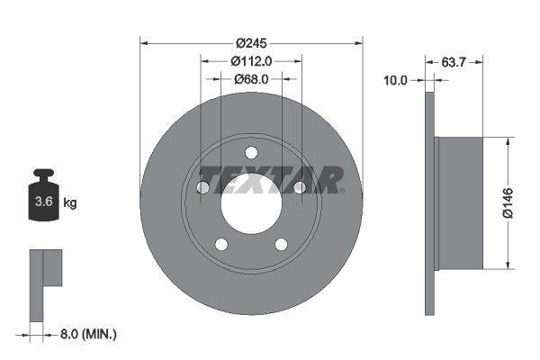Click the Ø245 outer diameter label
pyautogui.click(x=252, y=42)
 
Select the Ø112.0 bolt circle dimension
pyautogui.click(x=251, y=61)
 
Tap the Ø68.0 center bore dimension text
pyautogui.click(x=251, y=79)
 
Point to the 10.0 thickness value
pyautogui.click(x=396, y=79)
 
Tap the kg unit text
pyautogui.click(x=70, y=202)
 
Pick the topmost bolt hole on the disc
pyautogui.click(x=251, y=151)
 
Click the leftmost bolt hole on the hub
pyautogui.click(x=203, y=187)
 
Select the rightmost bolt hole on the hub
pyautogui.click(x=300, y=187)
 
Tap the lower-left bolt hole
pyautogui.click(x=221, y=244)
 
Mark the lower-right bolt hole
pyautogui.click(x=281, y=244)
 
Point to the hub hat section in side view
pyautogui.click(x=459, y=202)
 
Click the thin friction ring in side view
pyautogui.click(x=429, y=202)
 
